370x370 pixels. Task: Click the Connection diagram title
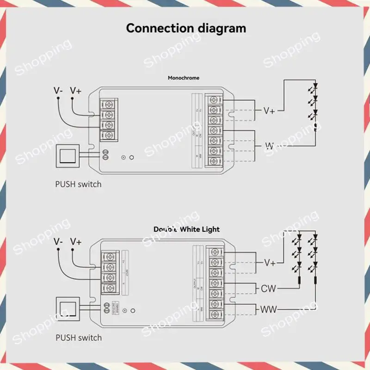click(x=186, y=28)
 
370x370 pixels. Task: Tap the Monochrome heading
click(x=184, y=78)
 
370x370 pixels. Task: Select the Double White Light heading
click(x=186, y=229)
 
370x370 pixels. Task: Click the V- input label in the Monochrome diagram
click(x=58, y=91)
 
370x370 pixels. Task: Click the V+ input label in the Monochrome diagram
click(x=75, y=91)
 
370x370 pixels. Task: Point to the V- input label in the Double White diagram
click(x=58, y=241)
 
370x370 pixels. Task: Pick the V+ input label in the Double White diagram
click(x=75, y=241)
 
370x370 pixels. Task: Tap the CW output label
click(x=268, y=289)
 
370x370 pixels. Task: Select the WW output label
click(x=268, y=309)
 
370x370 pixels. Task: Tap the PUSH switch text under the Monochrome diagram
click(x=78, y=184)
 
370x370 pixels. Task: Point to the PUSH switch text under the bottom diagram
click(x=78, y=337)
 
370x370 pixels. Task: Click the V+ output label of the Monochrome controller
click(x=269, y=111)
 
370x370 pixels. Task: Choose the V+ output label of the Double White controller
click(x=270, y=263)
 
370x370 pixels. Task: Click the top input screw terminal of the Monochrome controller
click(x=109, y=103)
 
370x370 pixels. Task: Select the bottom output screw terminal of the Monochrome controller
click(x=214, y=161)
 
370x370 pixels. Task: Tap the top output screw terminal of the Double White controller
click(x=214, y=252)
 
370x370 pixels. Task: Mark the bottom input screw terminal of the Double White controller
click(x=109, y=287)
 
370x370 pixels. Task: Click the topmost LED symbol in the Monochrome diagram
click(x=315, y=86)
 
